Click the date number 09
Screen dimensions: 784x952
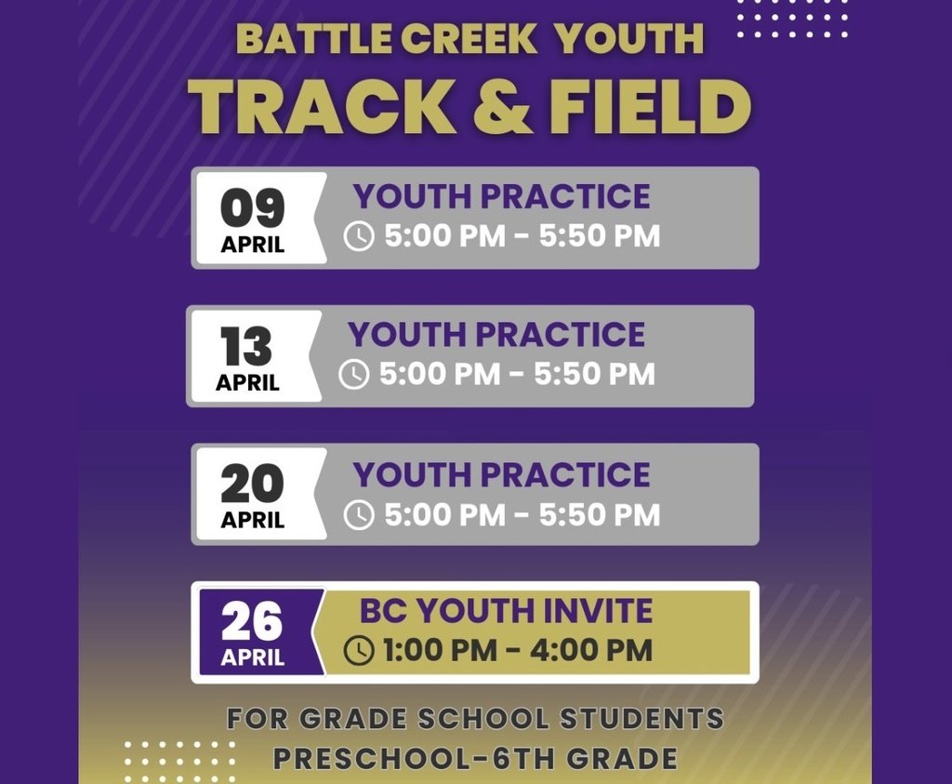(252, 208)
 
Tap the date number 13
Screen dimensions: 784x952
(246, 348)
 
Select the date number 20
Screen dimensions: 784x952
(252, 485)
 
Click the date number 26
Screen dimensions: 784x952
(251, 623)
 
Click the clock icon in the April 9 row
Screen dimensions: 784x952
(359, 237)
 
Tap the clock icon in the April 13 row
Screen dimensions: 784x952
(353, 375)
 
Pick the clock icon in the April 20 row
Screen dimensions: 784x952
(359, 515)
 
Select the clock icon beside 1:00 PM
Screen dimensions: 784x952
(359, 651)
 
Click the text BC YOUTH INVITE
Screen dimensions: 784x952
(506, 611)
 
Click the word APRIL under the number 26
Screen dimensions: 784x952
(252, 658)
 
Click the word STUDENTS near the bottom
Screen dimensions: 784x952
(641, 719)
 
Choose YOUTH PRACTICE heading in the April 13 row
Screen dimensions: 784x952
(496, 335)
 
